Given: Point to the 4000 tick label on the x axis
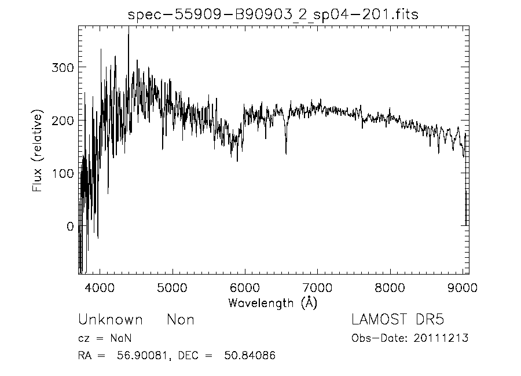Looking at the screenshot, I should [100, 288].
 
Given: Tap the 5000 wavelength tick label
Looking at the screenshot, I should [173, 288].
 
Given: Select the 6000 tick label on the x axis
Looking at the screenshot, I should [245, 288].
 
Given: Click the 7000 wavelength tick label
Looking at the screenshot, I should [318, 288].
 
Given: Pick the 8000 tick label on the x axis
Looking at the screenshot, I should [390, 288].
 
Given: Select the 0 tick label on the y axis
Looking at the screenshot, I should [69, 227].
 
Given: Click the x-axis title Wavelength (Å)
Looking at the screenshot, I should [273, 302].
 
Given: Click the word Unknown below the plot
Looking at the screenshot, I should [110, 320].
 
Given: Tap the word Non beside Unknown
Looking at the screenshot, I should [181, 320].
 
